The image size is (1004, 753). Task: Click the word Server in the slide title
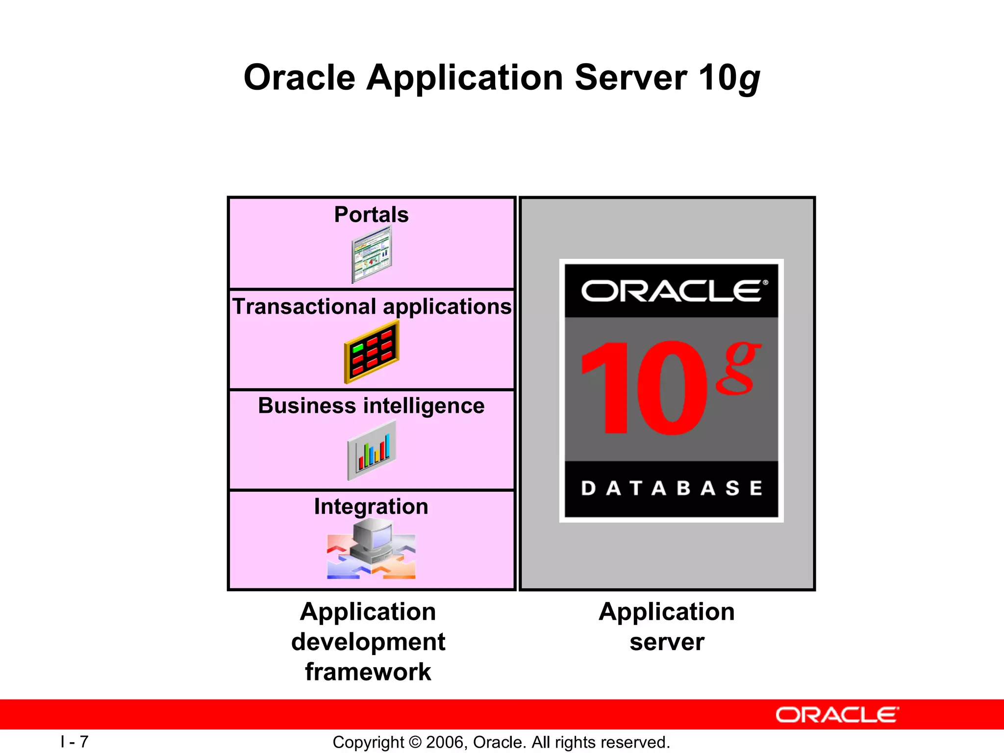[x=630, y=77]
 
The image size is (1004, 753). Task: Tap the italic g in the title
[x=749, y=79]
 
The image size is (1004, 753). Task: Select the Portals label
[x=371, y=215]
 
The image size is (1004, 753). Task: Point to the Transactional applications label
[x=372, y=306]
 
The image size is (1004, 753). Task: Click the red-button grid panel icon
[x=372, y=351]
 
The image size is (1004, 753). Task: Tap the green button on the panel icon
[x=358, y=348]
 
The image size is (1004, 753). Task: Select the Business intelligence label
[x=371, y=406]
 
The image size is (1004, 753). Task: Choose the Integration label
[x=371, y=506]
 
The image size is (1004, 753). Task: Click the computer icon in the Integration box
[x=373, y=542]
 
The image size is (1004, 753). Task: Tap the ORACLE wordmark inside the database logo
[x=671, y=291]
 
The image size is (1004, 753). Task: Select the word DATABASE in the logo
[x=671, y=488]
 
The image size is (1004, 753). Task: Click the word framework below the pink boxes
[x=368, y=672]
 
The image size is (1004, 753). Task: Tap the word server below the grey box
[x=667, y=642]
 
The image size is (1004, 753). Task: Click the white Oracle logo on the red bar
[x=837, y=715]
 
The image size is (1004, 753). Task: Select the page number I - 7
[x=75, y=741]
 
